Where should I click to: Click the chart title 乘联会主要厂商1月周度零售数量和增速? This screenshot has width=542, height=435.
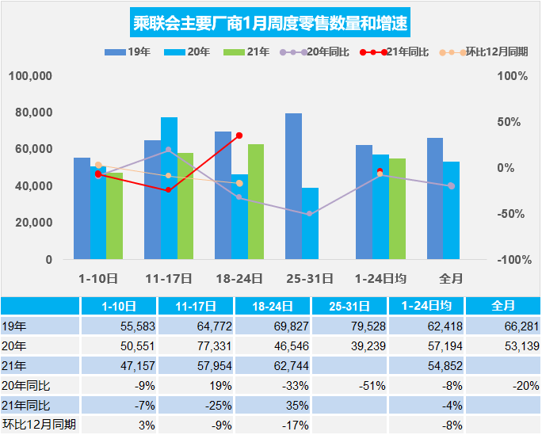(270, 23)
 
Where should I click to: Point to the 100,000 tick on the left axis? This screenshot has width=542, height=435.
(31, 76)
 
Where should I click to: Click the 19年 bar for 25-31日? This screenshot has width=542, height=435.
(293, 186)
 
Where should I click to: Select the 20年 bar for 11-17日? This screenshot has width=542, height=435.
(169, 188)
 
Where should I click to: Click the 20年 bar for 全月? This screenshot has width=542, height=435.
(452, 210)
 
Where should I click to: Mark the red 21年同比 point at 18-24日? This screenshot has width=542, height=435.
(239, 135)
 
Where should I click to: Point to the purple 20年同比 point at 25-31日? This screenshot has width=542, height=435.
(310, 214)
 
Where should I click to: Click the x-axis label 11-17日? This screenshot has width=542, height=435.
(169, 278)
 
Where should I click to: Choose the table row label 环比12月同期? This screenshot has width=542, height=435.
(39, 424)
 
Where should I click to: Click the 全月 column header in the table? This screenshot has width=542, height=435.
(503, 305)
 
